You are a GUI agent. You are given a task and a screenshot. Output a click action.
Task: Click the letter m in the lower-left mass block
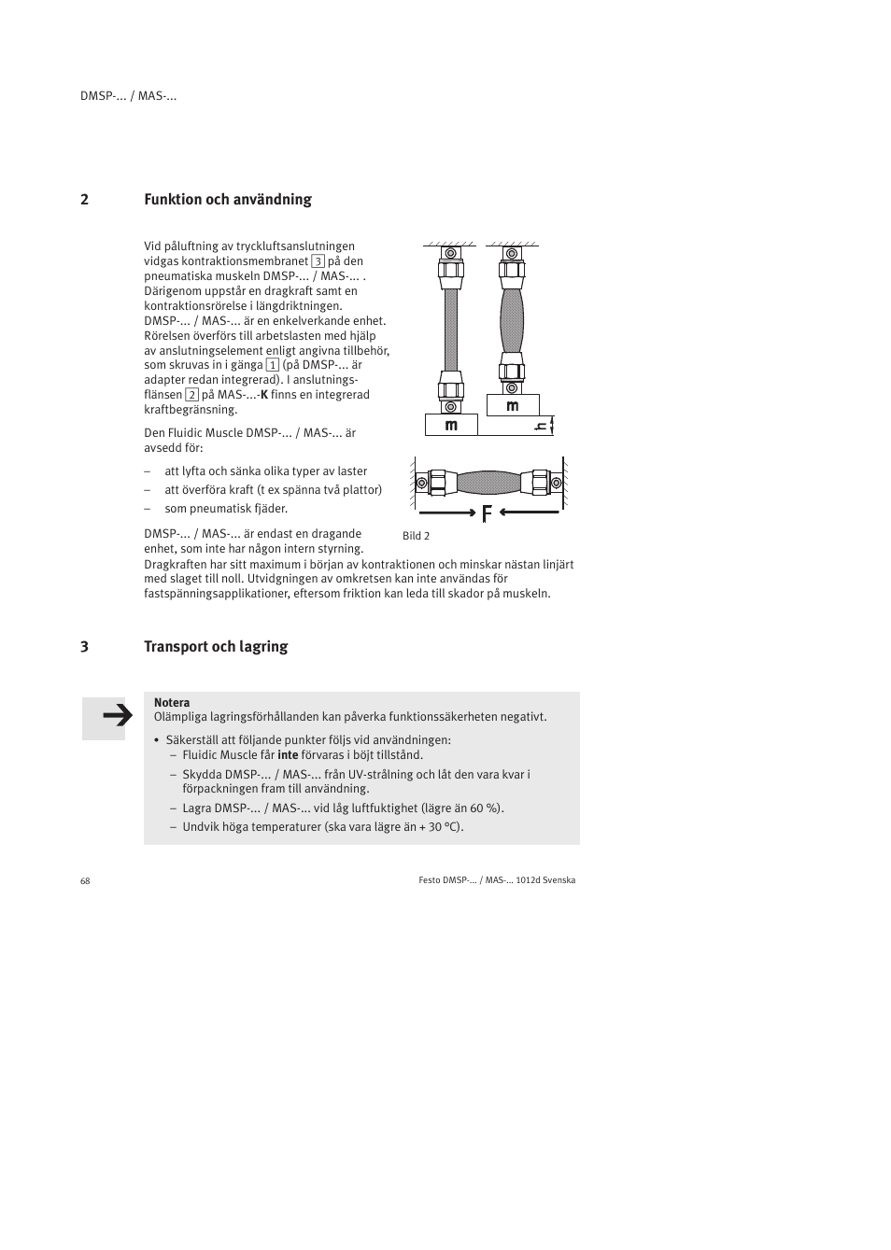[x=451, y=426]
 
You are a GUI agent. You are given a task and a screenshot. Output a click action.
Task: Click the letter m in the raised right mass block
[x=513, y=406]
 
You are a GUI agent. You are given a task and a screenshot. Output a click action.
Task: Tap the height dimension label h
[x=539, y=427]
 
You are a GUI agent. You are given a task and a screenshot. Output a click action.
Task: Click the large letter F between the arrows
[x=487, y=513]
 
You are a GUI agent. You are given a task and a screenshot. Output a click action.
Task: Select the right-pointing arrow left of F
[x=447, y=513]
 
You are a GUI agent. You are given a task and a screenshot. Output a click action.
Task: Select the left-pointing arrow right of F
[x=530, y=513]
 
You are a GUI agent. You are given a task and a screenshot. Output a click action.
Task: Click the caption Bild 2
[x=416, y=536]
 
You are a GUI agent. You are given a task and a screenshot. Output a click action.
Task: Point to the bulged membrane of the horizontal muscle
[x=489, y=483]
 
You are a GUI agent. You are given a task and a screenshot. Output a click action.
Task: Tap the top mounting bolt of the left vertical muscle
[x=451, y=253]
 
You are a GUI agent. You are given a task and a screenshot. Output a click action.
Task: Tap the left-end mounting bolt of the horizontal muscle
[x=422, y=483]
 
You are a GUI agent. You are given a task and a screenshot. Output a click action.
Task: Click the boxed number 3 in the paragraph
[x=318, y=261]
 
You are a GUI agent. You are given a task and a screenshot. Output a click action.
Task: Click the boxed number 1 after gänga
[x=273, y=365]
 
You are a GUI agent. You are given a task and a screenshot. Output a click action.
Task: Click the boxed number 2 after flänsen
[x=191, y=395]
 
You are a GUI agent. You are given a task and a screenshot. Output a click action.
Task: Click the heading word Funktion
[x=172, y=199]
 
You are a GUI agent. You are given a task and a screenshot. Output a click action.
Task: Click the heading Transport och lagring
[x=216, y=646]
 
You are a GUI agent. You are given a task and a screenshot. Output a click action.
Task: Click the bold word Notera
[x=172, y=703]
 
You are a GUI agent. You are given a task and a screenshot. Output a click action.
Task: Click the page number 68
[x=85, y=881]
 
